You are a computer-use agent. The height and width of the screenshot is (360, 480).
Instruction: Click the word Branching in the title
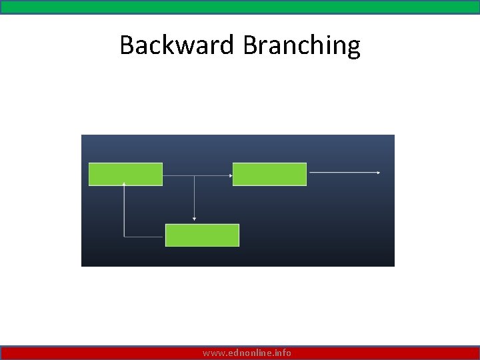point(301,45)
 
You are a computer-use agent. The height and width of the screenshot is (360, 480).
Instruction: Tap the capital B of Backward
point(127,45)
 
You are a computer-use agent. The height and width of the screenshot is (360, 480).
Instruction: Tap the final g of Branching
point(353,48)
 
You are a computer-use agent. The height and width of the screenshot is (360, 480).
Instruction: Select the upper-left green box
point(125,174)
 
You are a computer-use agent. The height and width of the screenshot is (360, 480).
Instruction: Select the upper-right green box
point(269,174)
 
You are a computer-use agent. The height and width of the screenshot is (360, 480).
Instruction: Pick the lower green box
point(202,235)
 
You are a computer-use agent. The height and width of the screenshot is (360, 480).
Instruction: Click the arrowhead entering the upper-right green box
point(231,175)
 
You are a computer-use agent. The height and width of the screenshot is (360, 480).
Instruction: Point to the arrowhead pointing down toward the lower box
point(194,218)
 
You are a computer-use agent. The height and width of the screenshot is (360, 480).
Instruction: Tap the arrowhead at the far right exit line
point(378,173)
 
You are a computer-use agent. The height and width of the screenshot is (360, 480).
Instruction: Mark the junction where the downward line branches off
point(194,175)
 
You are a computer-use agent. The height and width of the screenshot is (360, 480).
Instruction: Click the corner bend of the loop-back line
point(125,236)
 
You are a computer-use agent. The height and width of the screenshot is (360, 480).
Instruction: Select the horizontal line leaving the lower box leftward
point(145,236)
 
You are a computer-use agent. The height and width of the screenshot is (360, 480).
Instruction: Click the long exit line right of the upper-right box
point(343,173)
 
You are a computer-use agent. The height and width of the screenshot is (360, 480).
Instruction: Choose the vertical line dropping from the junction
point(194,197)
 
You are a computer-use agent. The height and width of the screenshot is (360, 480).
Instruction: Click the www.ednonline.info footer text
point(247,353)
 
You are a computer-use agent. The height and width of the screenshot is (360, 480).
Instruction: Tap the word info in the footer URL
point(283,353)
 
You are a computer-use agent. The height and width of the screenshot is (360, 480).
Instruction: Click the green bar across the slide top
point(240,7)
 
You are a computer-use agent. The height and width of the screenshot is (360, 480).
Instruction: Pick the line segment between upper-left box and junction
point(178,175)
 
